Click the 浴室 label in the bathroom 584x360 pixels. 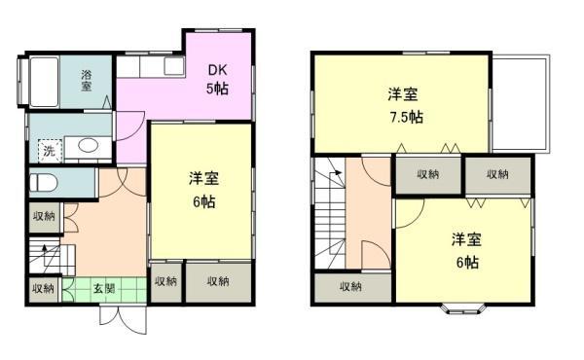pyautogui.click(x=87, y=80)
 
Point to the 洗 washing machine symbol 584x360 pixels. pyautogui.click(x=46, y=151)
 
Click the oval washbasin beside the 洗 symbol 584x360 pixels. pyautogui.click(x=86, y=147)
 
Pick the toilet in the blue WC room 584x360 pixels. pyautogui.click(x=46, y=182)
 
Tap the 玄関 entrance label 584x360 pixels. pyautogui.click(x=104, y=288)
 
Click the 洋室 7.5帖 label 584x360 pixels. pyautogui.click(x=404, y=105)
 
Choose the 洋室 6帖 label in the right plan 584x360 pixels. pyautogui.click(x=465, y=250)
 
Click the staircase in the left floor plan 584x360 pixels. pyautogui.click(x=44, y=259)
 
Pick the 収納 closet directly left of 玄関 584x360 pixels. pyautogui.click(x=43, y=289)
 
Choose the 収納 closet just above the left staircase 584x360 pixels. pyautogui.click(x=43, y=217)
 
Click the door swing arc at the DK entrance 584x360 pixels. pyautogui.click(x=129, y=126)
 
